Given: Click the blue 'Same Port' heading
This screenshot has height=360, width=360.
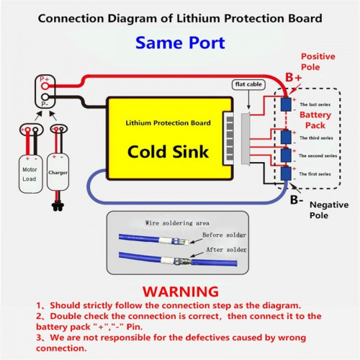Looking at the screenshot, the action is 180,43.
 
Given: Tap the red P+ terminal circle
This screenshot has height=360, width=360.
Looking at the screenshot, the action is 45,86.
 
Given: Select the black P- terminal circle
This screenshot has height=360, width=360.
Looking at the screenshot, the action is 45,97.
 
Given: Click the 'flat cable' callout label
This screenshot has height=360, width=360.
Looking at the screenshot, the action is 248,84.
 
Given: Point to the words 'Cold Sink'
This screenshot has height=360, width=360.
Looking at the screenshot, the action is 168,152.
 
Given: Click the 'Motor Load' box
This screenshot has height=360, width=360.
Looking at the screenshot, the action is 31,174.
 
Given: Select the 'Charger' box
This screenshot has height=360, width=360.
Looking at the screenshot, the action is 58,172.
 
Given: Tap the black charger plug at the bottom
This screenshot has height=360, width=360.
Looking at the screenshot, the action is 58,207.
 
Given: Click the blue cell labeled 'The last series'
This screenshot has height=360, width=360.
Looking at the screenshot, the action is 286,104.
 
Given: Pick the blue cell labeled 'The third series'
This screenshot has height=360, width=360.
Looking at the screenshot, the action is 286,137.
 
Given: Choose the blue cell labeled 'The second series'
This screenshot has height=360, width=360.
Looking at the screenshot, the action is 286,155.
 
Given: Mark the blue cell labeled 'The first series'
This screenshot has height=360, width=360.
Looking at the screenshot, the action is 286,174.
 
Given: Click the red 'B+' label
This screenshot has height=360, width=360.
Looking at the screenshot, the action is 293,78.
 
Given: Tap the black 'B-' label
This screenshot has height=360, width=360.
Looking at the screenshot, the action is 297,199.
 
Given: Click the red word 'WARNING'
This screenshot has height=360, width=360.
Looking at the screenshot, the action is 181,292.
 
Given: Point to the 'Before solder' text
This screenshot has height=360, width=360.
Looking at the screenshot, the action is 224,235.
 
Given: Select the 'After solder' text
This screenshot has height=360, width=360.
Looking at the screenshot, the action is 226,250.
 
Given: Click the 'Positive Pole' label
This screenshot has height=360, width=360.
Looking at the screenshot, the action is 318,62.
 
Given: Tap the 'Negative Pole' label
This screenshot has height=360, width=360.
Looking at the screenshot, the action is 329,210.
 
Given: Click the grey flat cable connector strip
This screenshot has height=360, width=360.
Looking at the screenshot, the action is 246,139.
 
